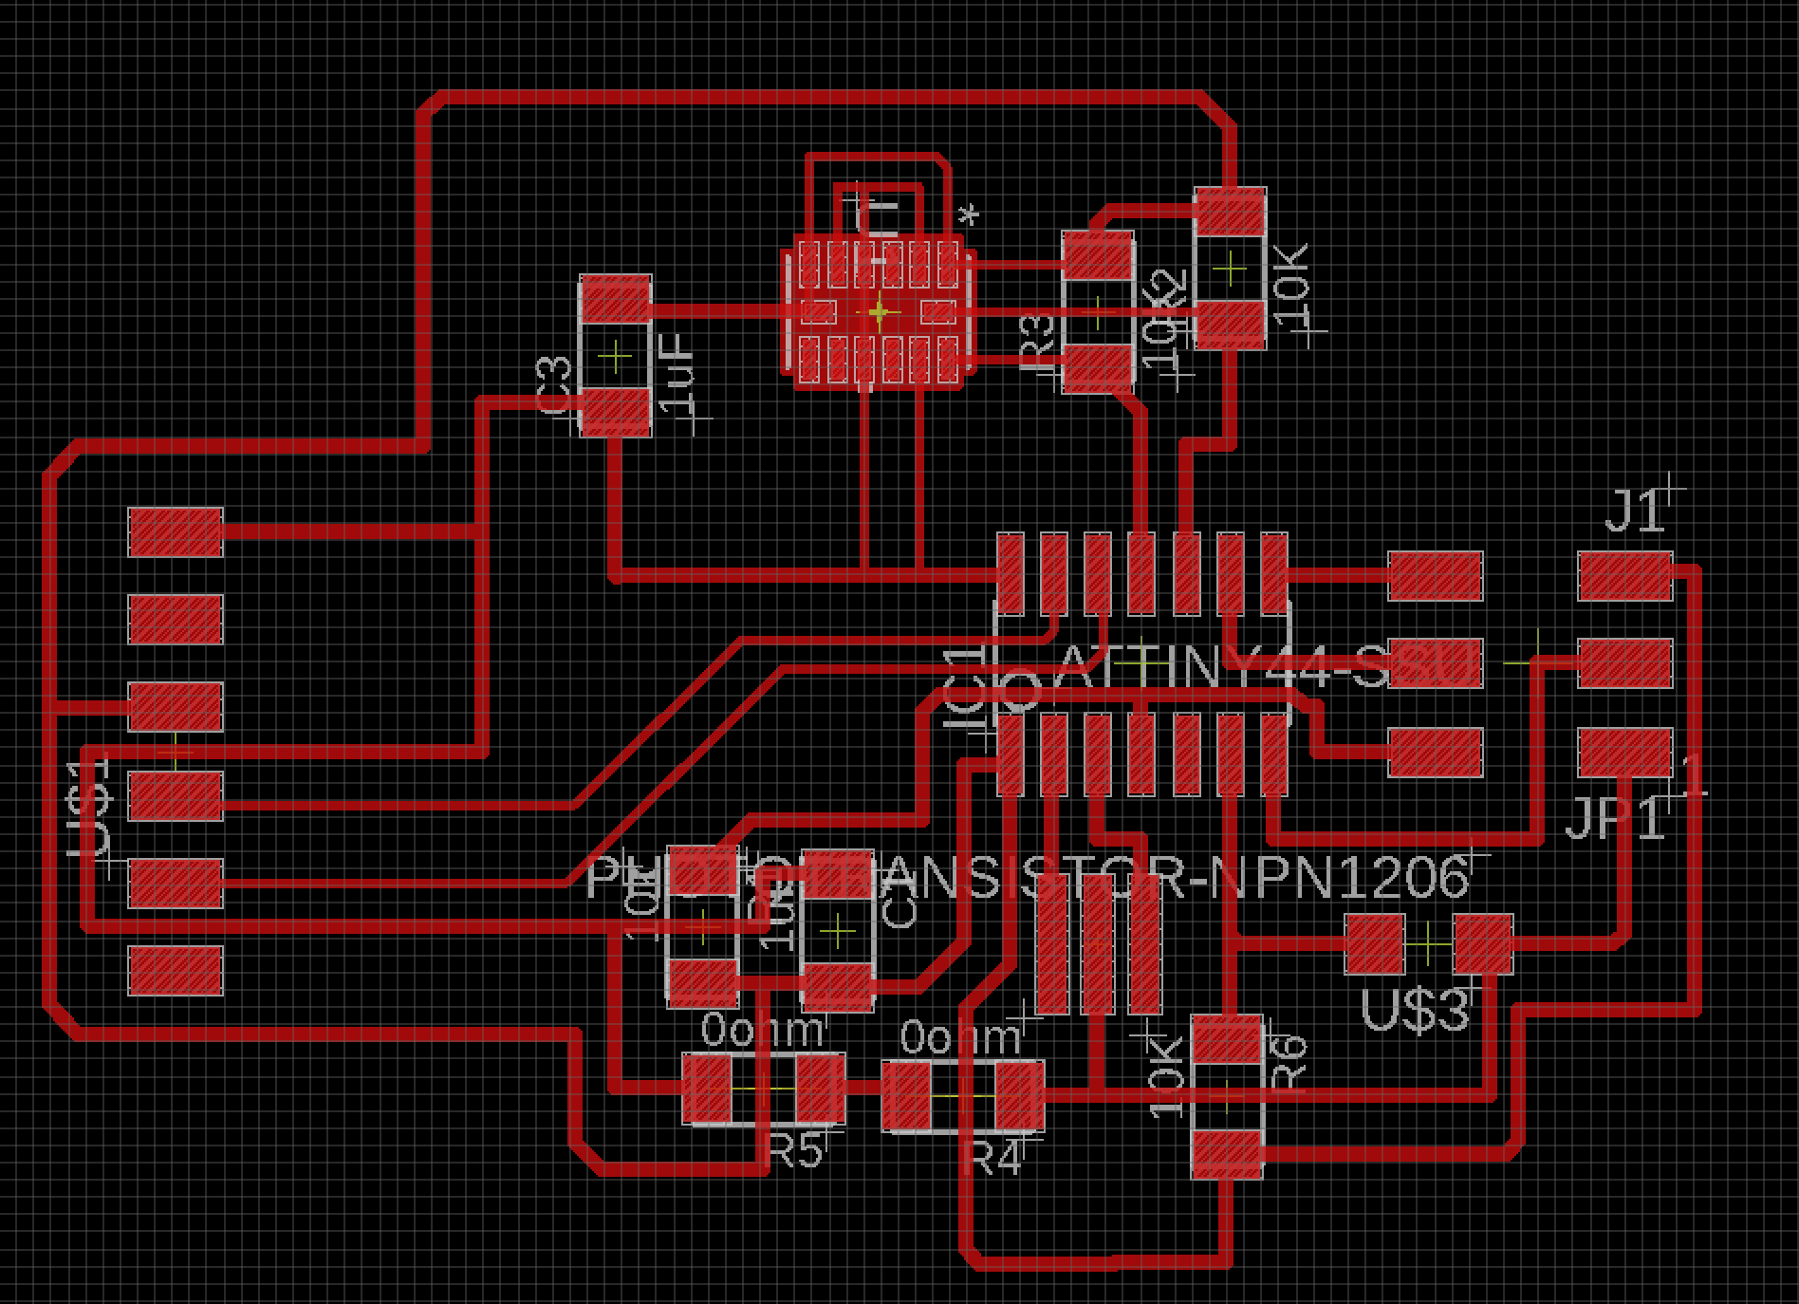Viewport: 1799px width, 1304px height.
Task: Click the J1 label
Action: (1634, 513)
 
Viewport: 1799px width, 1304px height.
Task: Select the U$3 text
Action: (1415, 1010)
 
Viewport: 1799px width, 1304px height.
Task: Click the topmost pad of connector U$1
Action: (176, 531)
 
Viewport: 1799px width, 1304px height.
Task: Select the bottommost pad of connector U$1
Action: (176, 970)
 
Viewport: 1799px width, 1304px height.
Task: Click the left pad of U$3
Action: (1374, 942)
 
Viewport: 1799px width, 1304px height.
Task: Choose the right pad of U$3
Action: (1482, 942)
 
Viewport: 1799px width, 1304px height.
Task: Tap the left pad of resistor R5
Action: (708, 1090)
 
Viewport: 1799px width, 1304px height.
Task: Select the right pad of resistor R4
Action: (1017, 1095)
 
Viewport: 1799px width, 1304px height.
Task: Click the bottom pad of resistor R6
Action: (1228, 1154)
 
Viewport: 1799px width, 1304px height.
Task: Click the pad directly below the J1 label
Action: (1624, 575)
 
